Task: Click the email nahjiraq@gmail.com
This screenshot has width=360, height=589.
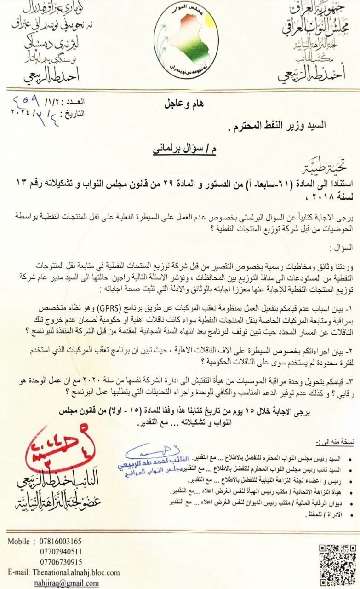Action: (x=66, y=583)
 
